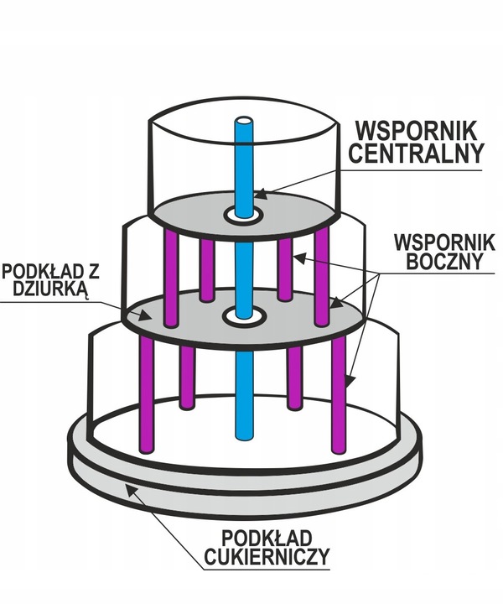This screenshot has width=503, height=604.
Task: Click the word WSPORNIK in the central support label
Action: (x=416, y=131)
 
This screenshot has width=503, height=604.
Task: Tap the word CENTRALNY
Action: (x=416, y=154)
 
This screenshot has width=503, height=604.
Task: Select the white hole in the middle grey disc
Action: (x=244, y=317)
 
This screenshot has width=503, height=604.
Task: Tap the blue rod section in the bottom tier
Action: (x=244, y=394)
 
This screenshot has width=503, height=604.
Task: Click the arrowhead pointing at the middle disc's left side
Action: (x=148, y=316)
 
